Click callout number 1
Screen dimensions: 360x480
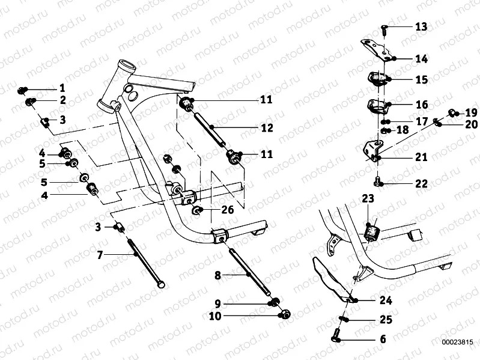pyautogui.click(x=62, y=88)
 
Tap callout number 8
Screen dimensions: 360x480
pyautogui.click(x=219, y=275)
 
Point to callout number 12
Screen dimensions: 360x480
pyautogui.click(x=267, y=128)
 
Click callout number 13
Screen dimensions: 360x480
pyautogui.click(x=421, y=27)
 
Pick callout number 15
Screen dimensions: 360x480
pyautogui.click(x=421, y=79)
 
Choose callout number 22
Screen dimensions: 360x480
pyautogui.click(x=421, y=184)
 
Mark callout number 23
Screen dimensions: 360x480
pyautogui.click(x=368, y=198)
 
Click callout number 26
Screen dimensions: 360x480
pyautogui.click(x=227, y=210)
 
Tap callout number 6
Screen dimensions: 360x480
pyautogui.click(x=383, y=340)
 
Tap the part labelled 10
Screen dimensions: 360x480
pyautogui.click(x=285, y=313)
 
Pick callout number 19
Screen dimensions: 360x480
pyautogui.click(x=471, y=112)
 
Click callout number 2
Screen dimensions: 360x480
pyautogui.click(x=62, y=100)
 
